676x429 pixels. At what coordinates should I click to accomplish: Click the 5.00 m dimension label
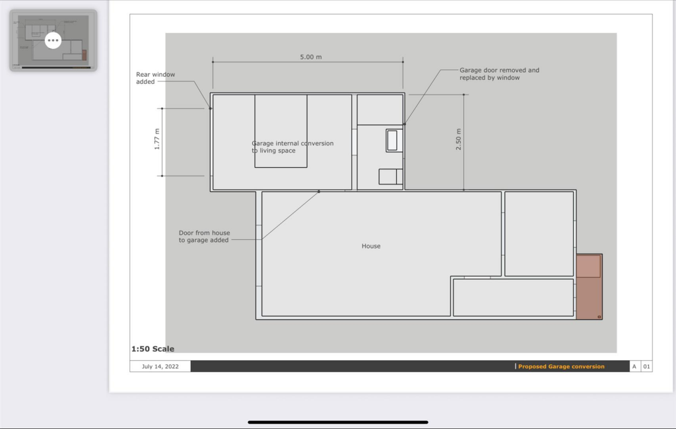[x=311, y=57]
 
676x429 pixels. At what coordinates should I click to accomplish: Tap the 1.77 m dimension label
[x=157, y=139]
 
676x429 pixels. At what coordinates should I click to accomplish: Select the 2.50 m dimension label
[x=459, y=139]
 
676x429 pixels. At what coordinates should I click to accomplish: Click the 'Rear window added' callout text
[x=156, y=78]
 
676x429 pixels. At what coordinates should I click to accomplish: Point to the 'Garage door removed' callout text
[x=499, y=74]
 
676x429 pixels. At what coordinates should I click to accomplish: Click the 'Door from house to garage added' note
[x=204, y=237]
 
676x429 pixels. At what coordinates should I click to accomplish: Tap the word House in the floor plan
[x=371, y=246]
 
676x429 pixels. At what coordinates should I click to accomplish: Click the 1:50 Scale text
[x=152, y=349]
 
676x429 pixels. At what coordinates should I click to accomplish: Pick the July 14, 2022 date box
[x=160, y=366]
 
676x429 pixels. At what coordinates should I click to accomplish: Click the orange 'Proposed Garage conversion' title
[x=561, y=366]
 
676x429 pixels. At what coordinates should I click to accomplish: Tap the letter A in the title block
[x=634, y=366]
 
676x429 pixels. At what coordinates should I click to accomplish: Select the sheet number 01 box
[x=646, y=366]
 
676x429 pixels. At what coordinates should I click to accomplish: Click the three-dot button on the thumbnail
[x=53, y=40]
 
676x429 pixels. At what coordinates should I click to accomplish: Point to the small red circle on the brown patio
[x=599, y=317]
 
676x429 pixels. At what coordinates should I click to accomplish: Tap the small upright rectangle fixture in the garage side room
[x=392, y=140]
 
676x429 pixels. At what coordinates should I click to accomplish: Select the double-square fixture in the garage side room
[x=390, y=176]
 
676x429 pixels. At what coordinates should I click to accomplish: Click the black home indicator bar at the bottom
[x=338, y=422]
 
